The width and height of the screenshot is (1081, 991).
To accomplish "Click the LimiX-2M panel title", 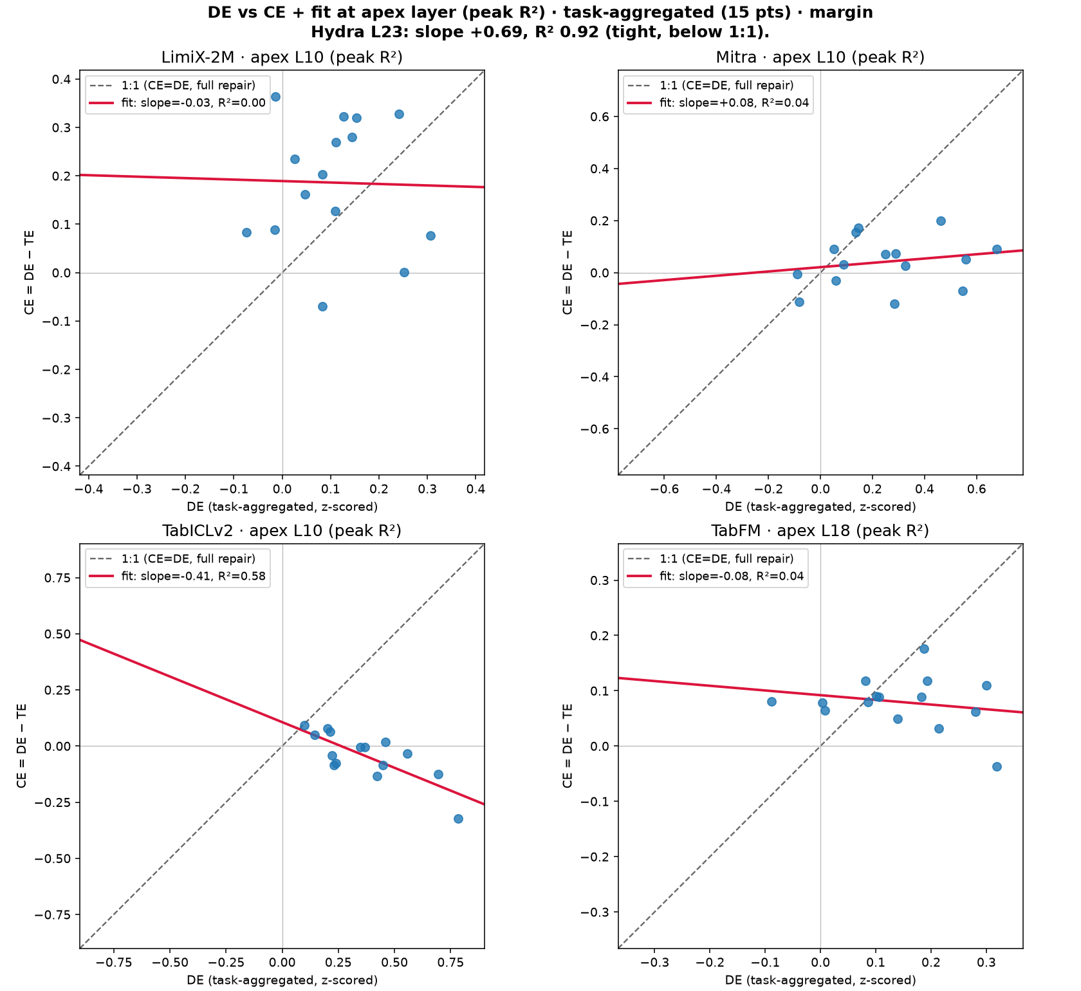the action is point(282,58).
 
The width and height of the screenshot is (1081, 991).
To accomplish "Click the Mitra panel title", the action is point(820,58).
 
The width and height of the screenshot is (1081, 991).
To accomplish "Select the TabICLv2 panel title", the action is point(282,531).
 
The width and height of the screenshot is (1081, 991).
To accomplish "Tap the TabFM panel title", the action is point(820,531).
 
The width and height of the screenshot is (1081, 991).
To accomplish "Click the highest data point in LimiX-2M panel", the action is point(275,97).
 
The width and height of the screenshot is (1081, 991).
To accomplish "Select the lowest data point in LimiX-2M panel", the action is point(322,306).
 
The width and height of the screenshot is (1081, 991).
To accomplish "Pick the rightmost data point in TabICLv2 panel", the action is point(458,819).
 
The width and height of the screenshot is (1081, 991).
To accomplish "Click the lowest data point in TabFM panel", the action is point(997,766).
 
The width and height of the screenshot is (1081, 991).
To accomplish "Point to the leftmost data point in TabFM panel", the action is point(771,701).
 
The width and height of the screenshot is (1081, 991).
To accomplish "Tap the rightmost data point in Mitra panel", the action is point(997,249).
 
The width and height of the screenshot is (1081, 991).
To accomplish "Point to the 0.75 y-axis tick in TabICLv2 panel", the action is point(59,578).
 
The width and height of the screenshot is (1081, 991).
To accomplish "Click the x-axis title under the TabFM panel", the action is point(820,980).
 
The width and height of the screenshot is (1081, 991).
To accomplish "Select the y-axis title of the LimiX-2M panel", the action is point(29,273).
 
